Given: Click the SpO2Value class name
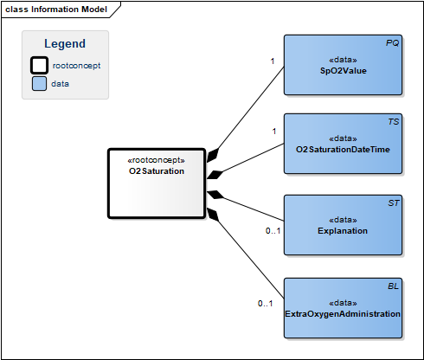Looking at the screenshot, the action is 343,71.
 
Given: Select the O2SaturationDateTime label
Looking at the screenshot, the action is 343,150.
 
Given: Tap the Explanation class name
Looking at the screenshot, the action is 343,231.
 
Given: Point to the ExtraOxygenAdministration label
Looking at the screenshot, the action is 343,314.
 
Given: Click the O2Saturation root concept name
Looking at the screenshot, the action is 157,171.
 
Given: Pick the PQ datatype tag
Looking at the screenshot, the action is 392,43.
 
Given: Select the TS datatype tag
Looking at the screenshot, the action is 393,122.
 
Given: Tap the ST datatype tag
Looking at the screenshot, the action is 394,203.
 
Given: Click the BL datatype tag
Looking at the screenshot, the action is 393,286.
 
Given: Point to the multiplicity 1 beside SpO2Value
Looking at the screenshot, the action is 273,61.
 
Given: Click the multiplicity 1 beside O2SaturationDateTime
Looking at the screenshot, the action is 274,132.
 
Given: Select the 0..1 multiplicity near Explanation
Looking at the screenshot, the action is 273,231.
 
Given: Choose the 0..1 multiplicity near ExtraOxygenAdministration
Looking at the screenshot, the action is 265,304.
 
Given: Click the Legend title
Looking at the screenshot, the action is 65,43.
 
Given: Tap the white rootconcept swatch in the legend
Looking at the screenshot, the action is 39,65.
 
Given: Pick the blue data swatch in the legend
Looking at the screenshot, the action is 39,84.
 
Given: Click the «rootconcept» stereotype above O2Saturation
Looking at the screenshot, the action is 156,160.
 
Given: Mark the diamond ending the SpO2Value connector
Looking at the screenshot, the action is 213,155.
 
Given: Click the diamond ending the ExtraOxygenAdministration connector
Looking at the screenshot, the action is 213,215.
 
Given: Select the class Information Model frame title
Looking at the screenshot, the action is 56,10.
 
